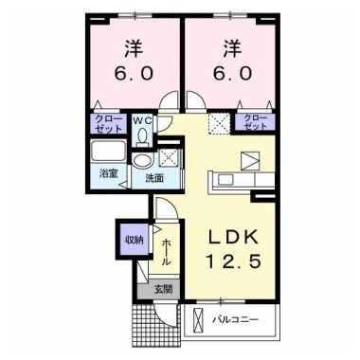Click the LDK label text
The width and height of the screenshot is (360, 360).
pyautogui.click(x=233, y=238)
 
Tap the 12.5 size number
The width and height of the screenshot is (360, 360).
pyautogui.click(x=233, y=261)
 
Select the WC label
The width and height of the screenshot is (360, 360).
pyautogui.click(x=142, y=120)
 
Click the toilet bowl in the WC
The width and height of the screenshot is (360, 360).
pyautogui.click(x=142, y=135)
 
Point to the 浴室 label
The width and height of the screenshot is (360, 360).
pyautogui.click(x=109, y=173)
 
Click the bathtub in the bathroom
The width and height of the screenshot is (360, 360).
pyautogui.click(x=108, y=151)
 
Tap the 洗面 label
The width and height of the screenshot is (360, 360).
pyautogui.click(x=154, y=178)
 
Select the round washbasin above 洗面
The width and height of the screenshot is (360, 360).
pyautogui.click(x=142, y=161)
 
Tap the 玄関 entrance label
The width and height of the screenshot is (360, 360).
pyautogui.click(x=163, y=289)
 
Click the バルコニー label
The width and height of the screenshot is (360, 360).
pyautogui.click(x=235, y=320)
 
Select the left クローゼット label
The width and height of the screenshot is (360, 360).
pyautogui.click(x=108, y=124)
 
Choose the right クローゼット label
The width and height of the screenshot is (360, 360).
pyautogui.click(x=255, y=122)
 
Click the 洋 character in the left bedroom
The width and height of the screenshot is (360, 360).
pyautogui.click(x=134, y=49)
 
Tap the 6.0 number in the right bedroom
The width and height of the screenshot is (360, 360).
pyautogui.click(x=232, y=73)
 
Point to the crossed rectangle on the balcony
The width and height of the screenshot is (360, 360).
pyautogui.click(x=198, y=320)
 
